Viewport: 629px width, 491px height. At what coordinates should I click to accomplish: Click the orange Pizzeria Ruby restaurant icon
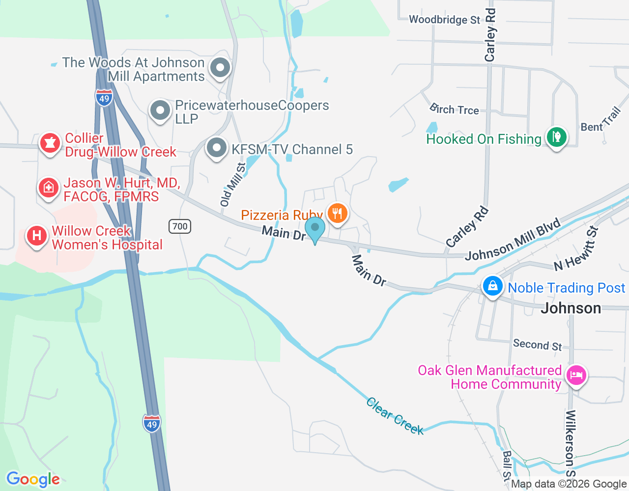337,214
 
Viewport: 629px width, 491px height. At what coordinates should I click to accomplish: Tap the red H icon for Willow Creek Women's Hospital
36,236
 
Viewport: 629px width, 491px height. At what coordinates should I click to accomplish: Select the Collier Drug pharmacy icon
50,143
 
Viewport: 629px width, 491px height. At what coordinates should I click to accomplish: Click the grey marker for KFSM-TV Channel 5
216,148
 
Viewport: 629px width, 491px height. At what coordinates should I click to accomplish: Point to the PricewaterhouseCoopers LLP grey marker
160,110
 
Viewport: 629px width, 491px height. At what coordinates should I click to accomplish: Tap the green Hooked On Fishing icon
556,137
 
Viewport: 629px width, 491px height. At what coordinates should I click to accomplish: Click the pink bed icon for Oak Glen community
576,376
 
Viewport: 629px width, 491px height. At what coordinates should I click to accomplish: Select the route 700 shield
180,226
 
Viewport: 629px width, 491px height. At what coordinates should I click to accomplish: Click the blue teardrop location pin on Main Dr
315,229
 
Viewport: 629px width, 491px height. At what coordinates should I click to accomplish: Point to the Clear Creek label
395,416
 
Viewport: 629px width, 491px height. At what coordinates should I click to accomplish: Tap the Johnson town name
571,308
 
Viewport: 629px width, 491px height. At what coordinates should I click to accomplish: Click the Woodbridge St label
444,20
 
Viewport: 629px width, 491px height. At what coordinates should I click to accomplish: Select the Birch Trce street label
454,109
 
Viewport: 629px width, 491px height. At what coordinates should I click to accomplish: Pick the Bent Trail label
600,120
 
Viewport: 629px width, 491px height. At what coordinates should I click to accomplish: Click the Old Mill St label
233,185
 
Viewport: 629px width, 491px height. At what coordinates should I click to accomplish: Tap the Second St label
537,345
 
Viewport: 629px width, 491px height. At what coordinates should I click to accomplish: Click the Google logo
33,479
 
